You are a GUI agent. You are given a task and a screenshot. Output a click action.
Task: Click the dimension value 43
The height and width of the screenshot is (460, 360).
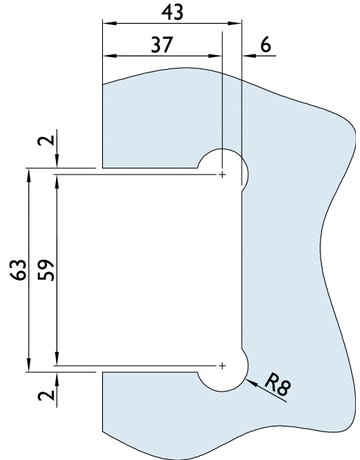click(171, 12)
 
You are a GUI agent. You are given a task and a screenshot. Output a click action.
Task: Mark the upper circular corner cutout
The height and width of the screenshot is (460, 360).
click(221, 171)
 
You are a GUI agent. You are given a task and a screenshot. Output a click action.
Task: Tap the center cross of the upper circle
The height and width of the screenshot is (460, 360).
click(221, 175)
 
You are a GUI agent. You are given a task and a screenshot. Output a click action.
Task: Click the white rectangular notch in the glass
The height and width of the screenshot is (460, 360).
click(150, 270)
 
